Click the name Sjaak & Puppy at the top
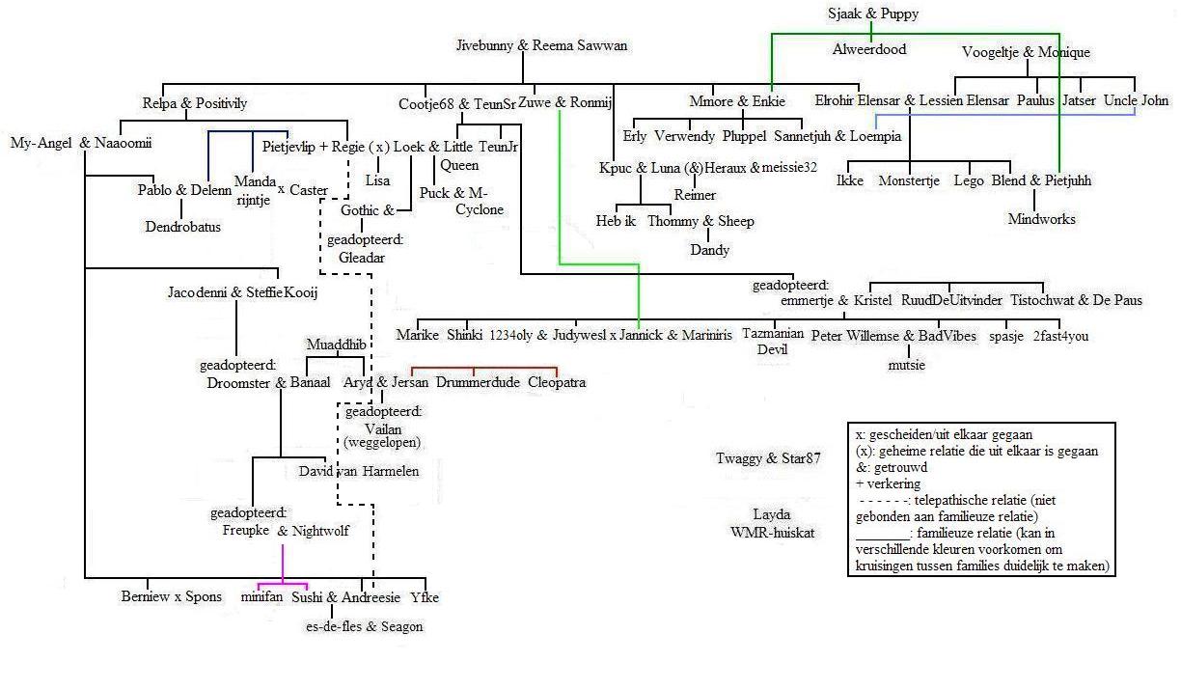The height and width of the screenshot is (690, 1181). click(872, 14)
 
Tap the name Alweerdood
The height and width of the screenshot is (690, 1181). click(869, 49)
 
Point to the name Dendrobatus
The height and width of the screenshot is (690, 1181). click(182, 228)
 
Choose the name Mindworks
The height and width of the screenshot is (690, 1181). click(1041, 219)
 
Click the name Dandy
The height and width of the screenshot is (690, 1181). click(709, 250)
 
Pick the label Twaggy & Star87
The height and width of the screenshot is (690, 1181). click(768, 458)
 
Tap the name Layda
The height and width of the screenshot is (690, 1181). click(771, 514)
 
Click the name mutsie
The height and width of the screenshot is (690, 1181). click(906, 365)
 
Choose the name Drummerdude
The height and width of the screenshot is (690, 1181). click(478, 383)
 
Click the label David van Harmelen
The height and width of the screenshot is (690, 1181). click(358, 471)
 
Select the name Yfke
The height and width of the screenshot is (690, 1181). click(424, 597)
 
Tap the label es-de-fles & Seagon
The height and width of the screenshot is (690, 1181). click(364, 626)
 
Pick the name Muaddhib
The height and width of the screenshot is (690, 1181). click(336, 345)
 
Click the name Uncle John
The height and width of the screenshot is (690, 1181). click(1136, 100)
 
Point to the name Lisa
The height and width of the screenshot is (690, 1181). click(377, 180)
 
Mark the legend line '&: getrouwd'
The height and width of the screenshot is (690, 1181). click(892, 467)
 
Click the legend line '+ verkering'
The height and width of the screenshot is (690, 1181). click(888, 483)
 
